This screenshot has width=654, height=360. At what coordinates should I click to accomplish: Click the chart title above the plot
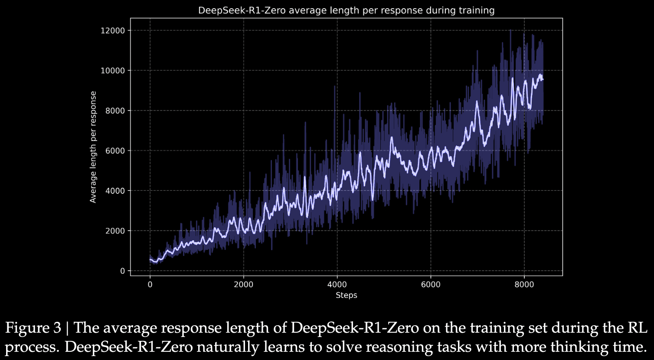tap(346, 10)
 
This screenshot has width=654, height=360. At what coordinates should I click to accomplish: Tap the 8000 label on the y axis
tap(115, 111)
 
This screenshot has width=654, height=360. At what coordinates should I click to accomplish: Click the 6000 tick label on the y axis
tap(115, 151)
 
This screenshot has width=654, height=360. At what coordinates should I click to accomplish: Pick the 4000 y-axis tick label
tap(115, 191)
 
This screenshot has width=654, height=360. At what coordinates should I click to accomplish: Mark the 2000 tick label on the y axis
tap(115, 231)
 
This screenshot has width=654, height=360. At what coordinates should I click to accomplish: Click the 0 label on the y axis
tap(122, 271)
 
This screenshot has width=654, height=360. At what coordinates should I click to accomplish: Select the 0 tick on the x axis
tap(150, 285)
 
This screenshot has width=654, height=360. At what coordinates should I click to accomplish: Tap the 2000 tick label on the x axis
tap(243, 285)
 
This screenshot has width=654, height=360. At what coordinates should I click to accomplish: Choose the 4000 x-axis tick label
tap(337, 285)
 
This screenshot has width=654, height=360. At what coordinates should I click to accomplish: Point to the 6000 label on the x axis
tap(430, 285)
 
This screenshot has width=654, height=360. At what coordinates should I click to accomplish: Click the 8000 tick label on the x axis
tap(524, 285)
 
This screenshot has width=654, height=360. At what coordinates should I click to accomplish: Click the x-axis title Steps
tap(346, 295)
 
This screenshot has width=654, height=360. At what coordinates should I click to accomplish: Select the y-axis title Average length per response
tap(93, 147)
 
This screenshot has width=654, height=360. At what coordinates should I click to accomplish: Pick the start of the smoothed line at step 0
tap(150, 259)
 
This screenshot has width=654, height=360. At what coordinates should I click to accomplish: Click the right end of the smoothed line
tap(543, 79)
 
